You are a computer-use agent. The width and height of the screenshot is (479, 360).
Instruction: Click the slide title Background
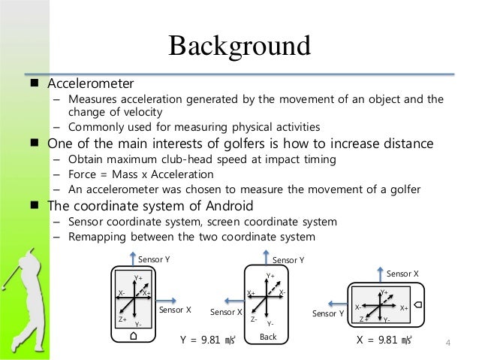point(239,46)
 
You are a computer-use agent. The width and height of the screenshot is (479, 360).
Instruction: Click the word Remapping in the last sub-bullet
point(98,237)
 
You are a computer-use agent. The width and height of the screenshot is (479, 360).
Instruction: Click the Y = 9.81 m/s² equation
point(209,340)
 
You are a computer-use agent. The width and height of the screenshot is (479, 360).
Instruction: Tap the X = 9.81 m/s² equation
point(387,339)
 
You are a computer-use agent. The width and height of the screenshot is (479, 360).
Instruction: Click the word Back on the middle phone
point(268,338)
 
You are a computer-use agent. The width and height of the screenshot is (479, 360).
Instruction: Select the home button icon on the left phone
point(134,336)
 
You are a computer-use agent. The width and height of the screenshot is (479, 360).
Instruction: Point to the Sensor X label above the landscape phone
point(402,274)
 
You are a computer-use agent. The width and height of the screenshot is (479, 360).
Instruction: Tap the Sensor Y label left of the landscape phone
point(328,313)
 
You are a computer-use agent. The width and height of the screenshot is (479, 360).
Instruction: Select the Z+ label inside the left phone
point(122,319)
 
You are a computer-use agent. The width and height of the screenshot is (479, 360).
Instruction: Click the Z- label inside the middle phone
point(255,319)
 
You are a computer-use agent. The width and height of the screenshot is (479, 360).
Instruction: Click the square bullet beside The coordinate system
point(35,205)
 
